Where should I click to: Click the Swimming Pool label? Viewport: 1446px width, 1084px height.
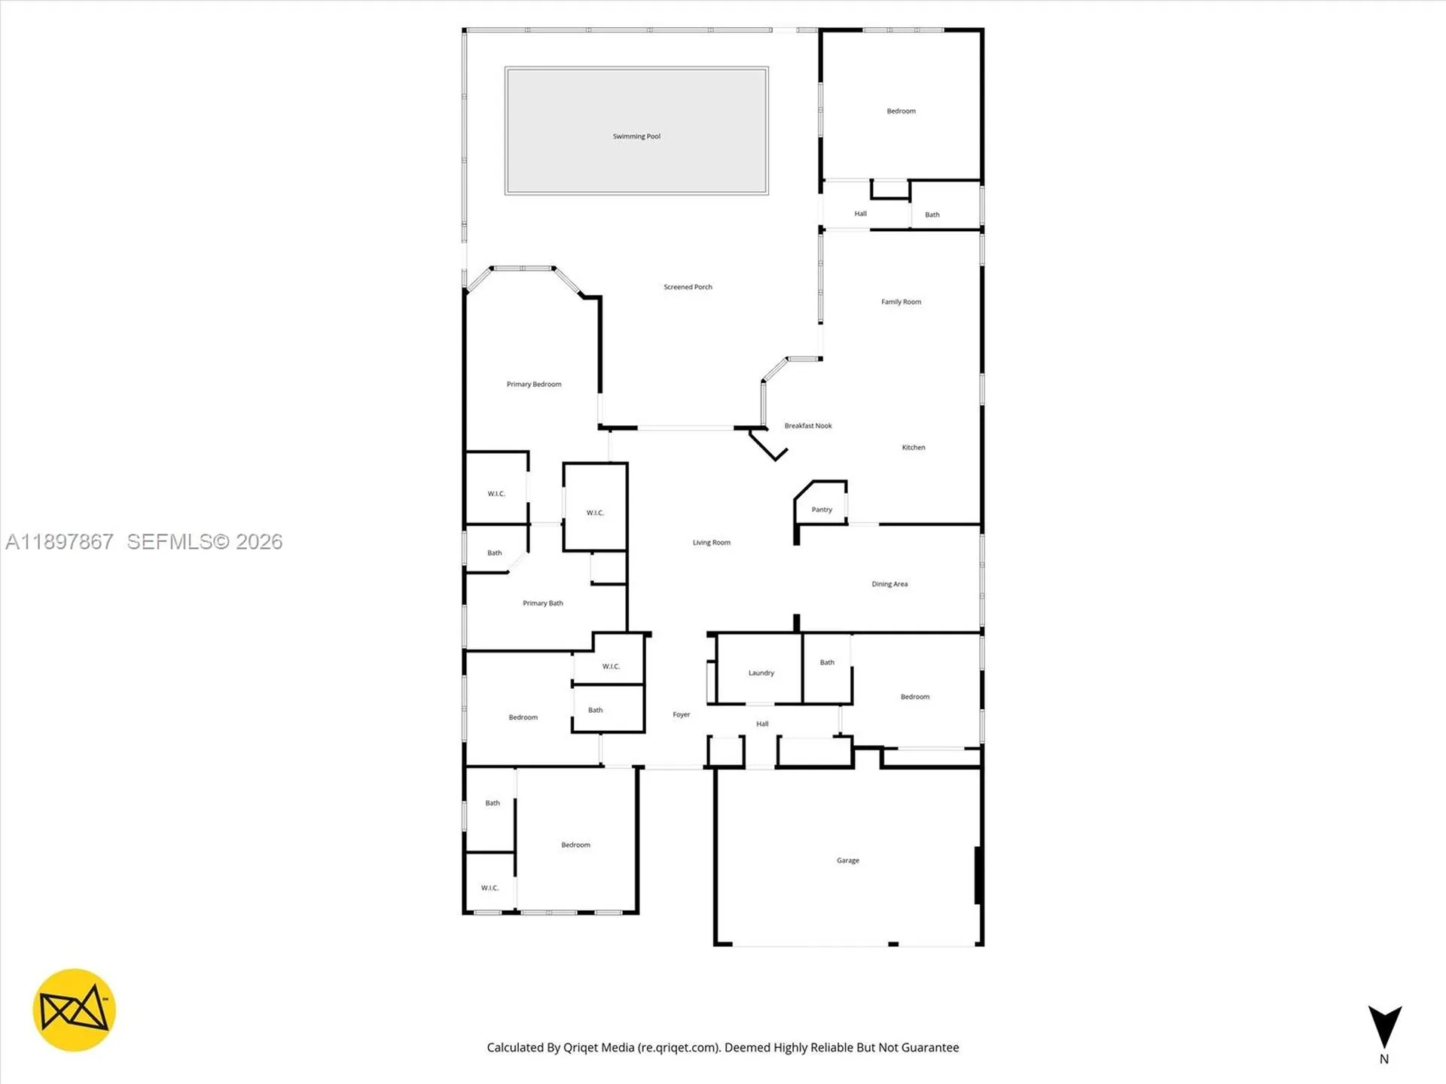click(636, 136)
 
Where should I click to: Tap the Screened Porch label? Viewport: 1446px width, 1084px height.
click(688, 287)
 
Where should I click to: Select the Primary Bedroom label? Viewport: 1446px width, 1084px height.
click(533, 384)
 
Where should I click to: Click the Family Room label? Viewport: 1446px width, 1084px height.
click(901, 302)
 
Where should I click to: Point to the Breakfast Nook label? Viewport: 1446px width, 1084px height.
click(808, 426)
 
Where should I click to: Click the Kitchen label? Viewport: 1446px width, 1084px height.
click(914, 447)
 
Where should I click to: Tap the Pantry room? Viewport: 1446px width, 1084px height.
click(822, 509)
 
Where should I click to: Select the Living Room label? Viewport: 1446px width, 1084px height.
click(711, 542)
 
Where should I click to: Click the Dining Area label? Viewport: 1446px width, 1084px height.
click(889, 584)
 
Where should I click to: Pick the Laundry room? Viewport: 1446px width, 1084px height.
click(761, 673)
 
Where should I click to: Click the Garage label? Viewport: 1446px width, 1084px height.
click(847, 860)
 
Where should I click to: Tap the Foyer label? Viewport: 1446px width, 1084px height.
click(681, 714)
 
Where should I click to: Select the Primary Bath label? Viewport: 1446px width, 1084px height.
click(542, 603)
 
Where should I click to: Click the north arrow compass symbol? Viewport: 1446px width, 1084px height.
click(1384, 1028)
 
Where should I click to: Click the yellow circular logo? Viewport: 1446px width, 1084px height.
click(74, 1010)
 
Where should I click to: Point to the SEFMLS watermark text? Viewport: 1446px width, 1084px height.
click(203, 542)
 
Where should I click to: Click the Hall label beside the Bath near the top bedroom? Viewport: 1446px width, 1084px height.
click(860, 214)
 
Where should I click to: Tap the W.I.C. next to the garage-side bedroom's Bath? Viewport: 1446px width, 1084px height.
click(490, 888)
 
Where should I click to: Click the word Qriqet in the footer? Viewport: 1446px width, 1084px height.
click(581, 1047)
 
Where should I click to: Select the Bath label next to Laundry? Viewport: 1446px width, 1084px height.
click(827, 662)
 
